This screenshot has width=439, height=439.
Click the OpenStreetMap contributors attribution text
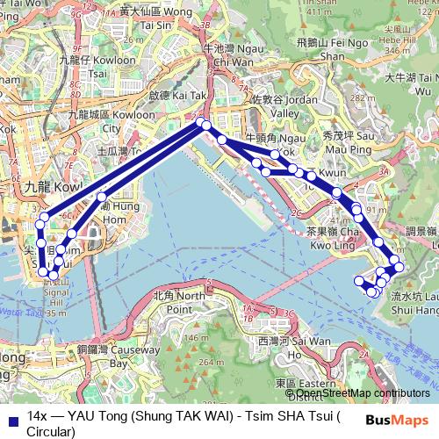pyautogui.click(x=362, y=394)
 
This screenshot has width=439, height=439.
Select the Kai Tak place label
pyautogui.click(x=170, y=92)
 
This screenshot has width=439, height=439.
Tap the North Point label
pyautogui.click(x=174, y=303)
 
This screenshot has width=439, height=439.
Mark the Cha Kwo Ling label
pyautogui.click(x=334, y=239)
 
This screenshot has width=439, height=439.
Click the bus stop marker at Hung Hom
pyautogui.click(x=103, y=198)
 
